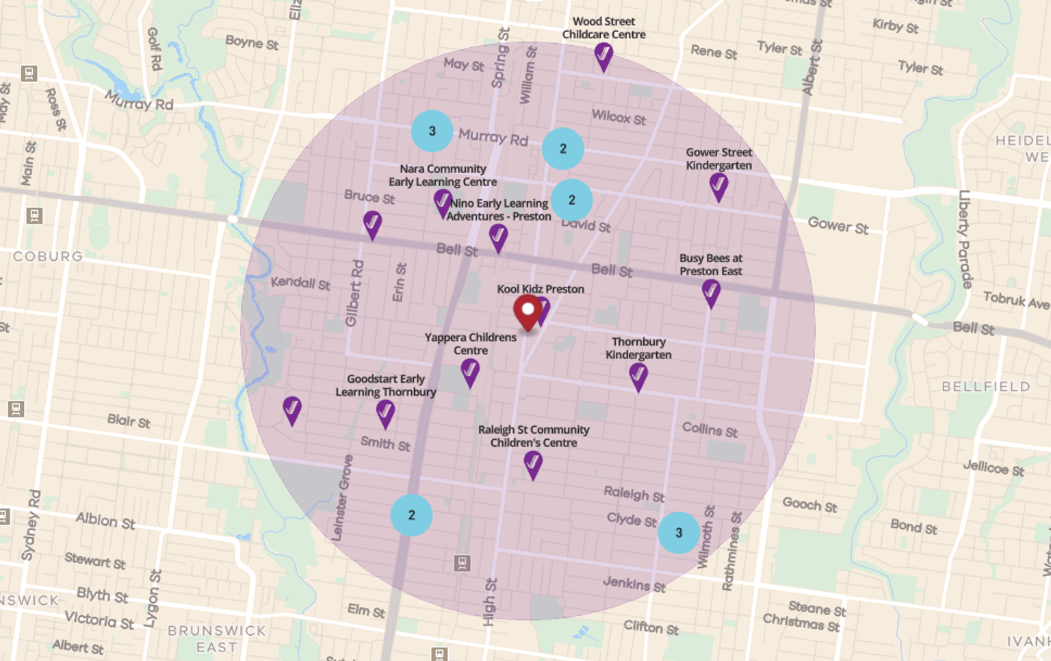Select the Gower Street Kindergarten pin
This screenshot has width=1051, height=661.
[718, 185]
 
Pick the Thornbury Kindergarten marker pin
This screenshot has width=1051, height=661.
[638, 376]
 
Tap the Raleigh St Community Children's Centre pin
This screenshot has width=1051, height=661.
[533, 464]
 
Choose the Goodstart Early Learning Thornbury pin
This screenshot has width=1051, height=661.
[385, 413]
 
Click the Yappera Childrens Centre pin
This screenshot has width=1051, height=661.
[470, 372]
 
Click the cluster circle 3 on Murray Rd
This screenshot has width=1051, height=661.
[432, 131]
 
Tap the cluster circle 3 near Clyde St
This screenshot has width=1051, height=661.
[679, 532]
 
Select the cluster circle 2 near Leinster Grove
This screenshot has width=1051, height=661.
[411, 515]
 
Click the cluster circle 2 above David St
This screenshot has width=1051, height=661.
[571, 200]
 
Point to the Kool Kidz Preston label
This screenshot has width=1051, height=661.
[541, 289]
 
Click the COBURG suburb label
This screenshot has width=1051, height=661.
[48, 256]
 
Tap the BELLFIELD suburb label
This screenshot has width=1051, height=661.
[985, 387]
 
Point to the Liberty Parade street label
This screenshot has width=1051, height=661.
[965, 239]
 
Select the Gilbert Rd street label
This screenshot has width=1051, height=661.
[354, 293]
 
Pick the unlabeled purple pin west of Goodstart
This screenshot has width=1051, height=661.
[292, 409]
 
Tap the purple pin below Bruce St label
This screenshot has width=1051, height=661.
[372, 224]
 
